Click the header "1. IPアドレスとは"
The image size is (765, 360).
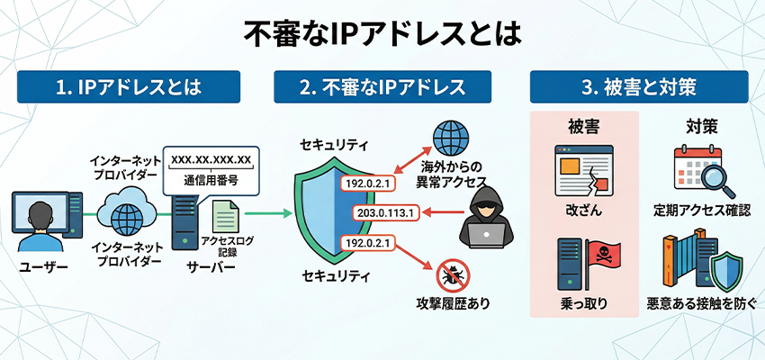tap(130, 87)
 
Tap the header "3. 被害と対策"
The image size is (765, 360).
tap(638, 87)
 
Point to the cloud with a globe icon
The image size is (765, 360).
tap(127, 212)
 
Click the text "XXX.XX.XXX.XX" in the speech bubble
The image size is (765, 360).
tap(210, 159)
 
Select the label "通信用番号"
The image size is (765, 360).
tap(210, 179)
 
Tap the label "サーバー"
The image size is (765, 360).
tap(210, 267)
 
